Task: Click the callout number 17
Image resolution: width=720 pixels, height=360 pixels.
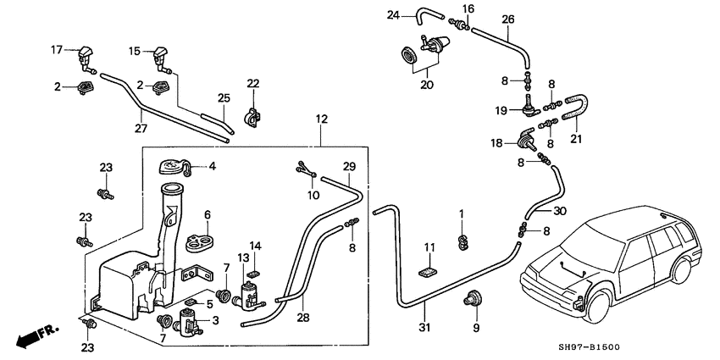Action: [x=57, y=50]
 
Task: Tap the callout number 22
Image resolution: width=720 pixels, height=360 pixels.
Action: [x=252, y=82]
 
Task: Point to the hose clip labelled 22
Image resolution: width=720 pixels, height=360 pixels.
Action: [x=251, y=115]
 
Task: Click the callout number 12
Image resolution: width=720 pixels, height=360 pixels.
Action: [x=321, y=120]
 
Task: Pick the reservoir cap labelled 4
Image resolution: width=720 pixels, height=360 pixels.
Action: [x=175, y=167]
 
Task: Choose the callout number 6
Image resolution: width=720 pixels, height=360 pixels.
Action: [x=207, y=215]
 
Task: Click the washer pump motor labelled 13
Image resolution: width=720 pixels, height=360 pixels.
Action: [x=251, y=296]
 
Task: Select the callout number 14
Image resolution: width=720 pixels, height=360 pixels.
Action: [x=255, y=246]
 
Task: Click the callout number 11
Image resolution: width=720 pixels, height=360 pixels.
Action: [x=429, y=248]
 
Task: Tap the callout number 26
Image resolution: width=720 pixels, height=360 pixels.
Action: [x=508, y=19]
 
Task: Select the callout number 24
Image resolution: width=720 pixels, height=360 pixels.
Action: [x=392, y=14]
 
